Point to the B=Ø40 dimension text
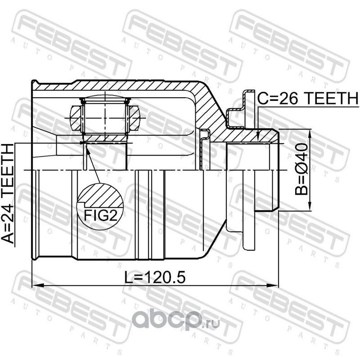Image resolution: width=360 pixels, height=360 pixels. tap(301, 169)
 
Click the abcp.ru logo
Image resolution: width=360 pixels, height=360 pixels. tap(175, 320)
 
